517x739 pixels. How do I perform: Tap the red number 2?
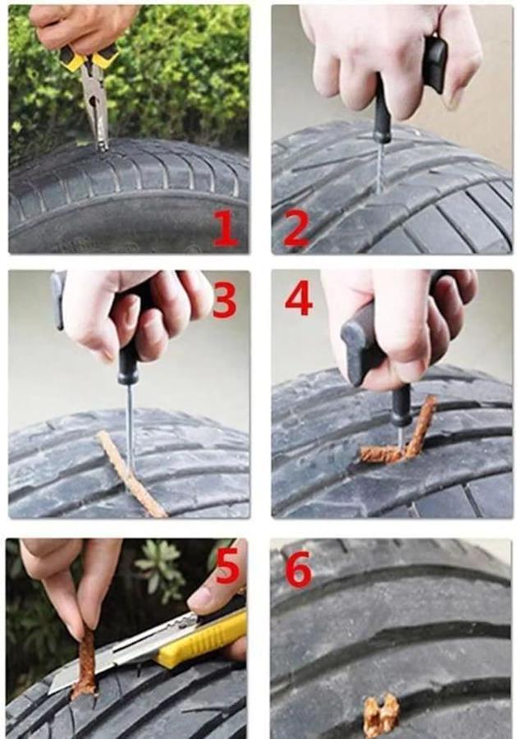[x=296, y=229]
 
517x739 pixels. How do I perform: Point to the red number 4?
[x=299, y=297]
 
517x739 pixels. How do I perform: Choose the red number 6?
[x=299, y=568]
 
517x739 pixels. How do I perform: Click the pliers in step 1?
[x=94, y=94]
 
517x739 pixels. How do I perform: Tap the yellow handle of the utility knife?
[x=203, y=639]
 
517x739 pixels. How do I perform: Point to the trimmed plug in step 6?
[x=381, y=715]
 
